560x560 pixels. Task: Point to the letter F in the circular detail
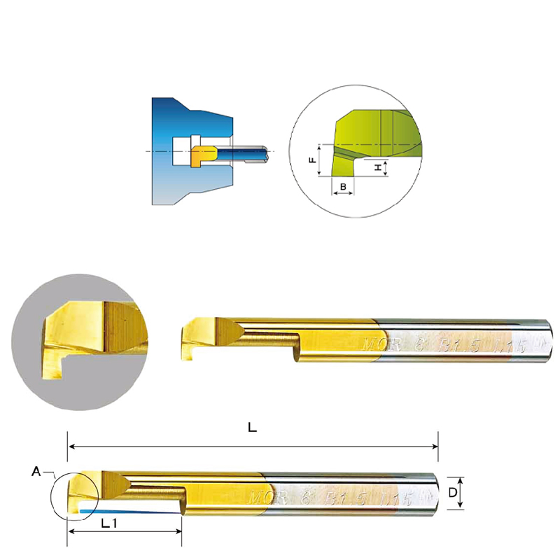312,160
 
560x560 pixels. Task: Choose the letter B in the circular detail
343,186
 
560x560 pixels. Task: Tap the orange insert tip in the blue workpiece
201,155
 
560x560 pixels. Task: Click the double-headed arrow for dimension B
343,193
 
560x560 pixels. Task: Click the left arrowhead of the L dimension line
71,445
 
